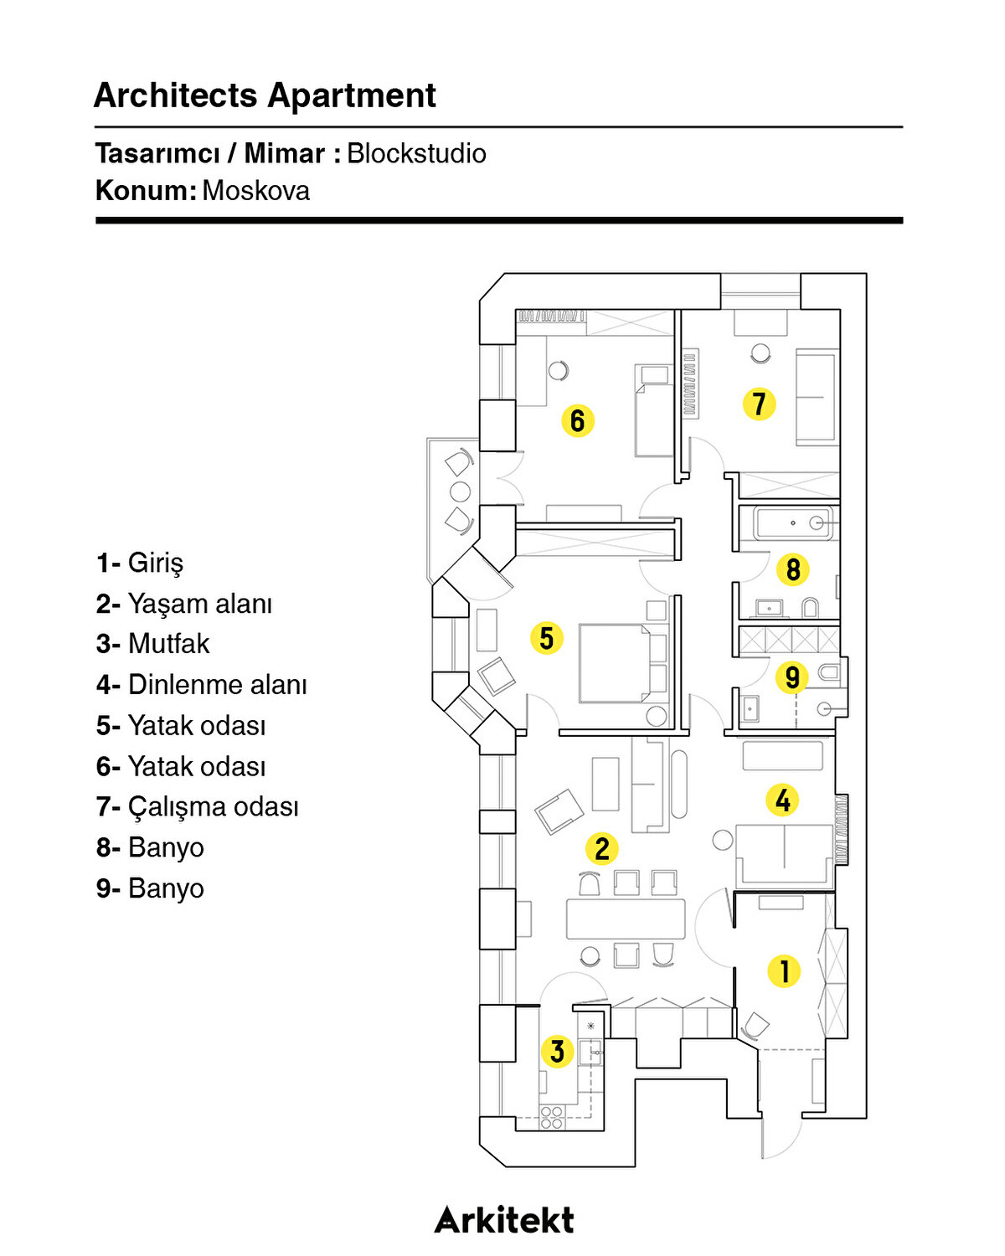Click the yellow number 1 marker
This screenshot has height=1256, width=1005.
784,971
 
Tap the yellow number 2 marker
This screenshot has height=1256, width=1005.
601,848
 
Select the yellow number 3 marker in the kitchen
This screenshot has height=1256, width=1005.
557,1052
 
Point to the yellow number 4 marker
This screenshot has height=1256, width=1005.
782,800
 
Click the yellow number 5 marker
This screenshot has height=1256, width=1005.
546,638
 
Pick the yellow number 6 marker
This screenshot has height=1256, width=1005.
577,420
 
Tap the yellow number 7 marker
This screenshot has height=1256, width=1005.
759,404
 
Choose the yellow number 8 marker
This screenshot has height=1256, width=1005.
792,570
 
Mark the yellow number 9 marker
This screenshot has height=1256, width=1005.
791,677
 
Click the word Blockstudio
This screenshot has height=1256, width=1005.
416,153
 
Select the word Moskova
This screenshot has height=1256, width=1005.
255,191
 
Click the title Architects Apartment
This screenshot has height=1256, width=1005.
265,95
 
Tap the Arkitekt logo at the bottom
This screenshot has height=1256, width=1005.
504,1220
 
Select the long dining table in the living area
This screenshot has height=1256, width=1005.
625,919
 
